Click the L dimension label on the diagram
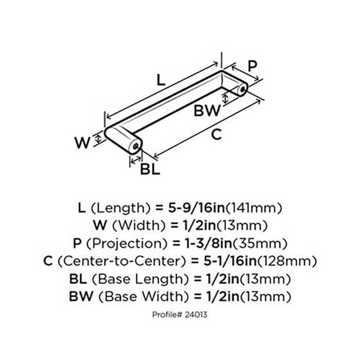[x=160, y=80]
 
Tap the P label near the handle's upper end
[x=253, y=66]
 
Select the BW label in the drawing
[x=207, y=111]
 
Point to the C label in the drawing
[x=217, y=134]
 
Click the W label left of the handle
[x=82, y=142]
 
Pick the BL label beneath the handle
[x=150, y=169]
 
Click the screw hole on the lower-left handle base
[x=136, y=146]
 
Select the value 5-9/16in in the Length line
[x=196, y=208]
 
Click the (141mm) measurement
[x=254, y=208]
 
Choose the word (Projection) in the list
[x=127, y=243]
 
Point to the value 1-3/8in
[x=208, y=243]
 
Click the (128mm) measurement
[x=287, y=261]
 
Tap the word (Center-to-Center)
[x=121, y=261]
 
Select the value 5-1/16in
[x=230, y=261]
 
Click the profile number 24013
[x=196, y=315]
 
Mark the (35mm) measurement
[x=260, y=243]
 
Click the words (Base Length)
[x=140, y=279]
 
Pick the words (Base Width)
[x=141, y=296]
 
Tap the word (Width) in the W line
[x=139, y=225]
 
